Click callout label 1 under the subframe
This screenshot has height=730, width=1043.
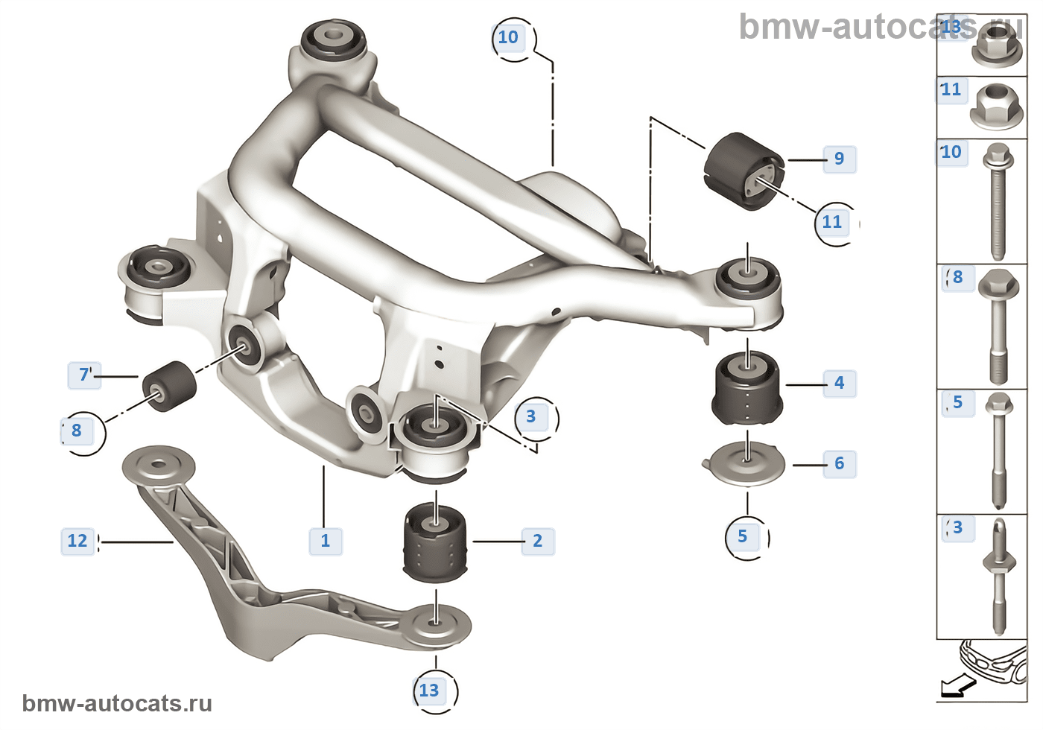326,541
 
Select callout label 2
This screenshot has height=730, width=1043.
537,541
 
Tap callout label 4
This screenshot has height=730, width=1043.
839,383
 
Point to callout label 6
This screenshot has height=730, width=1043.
839,463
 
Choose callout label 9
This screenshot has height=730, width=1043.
839,159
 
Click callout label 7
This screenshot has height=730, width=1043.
84,374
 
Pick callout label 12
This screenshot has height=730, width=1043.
77,541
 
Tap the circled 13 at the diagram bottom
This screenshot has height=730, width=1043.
429,691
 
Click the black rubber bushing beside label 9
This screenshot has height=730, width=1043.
743,171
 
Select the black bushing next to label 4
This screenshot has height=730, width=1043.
746,388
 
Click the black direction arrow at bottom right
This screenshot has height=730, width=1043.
958,685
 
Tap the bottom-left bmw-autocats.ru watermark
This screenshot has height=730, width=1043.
117,703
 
